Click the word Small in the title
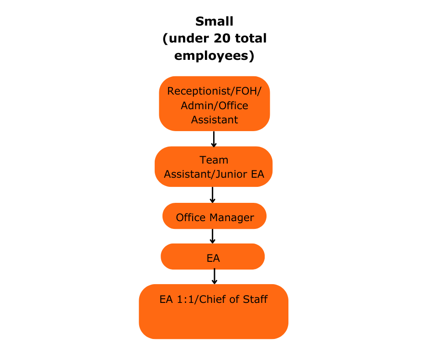coord(214,21)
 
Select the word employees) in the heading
coord(214,56)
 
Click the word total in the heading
coord(251,38)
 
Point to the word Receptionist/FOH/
coord(214,91)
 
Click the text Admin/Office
coord(214,106)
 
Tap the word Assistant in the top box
coord(214,120)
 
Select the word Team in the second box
coord(214,160)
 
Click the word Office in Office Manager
coord(191,217)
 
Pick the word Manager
coord(232,218)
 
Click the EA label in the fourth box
coord(213,258)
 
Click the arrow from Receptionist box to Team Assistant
coord(214,139)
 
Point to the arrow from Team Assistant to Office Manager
coord(213,195)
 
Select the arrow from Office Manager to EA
coord(213,236)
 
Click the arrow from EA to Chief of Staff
coord(214,276)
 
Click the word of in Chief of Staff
coord(235,299)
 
